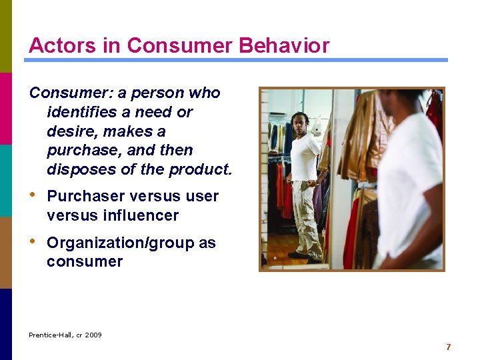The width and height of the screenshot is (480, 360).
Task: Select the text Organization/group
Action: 120,243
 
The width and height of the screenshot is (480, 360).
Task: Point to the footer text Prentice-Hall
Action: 50,335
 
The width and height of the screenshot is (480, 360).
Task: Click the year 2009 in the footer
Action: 93,335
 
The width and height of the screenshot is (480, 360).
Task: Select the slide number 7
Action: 449,347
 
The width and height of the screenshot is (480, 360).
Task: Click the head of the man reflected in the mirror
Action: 299,123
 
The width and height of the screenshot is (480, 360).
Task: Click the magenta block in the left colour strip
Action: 6,108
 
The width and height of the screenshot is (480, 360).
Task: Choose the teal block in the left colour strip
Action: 6,180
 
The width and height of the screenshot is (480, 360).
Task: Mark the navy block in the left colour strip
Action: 6,324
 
